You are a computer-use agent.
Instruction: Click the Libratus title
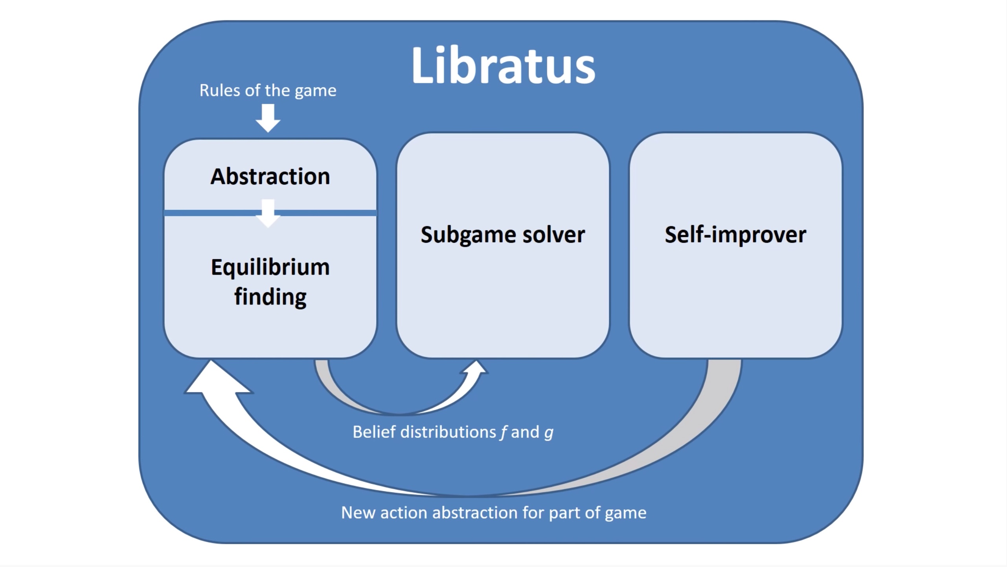point(503,65)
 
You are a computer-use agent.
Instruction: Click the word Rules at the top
point(220,90)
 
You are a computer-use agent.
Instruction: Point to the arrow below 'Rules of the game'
point(268,118)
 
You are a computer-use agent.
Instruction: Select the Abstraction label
point(270,176)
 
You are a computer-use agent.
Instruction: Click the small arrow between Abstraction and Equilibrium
point(268,213)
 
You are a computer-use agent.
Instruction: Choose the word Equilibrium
point(270,268)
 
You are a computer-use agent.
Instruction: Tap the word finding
point(270,297)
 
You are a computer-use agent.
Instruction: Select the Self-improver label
point(735,235)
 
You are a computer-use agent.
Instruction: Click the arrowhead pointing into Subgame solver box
point(476,368)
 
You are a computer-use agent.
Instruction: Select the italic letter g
point(549,433)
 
